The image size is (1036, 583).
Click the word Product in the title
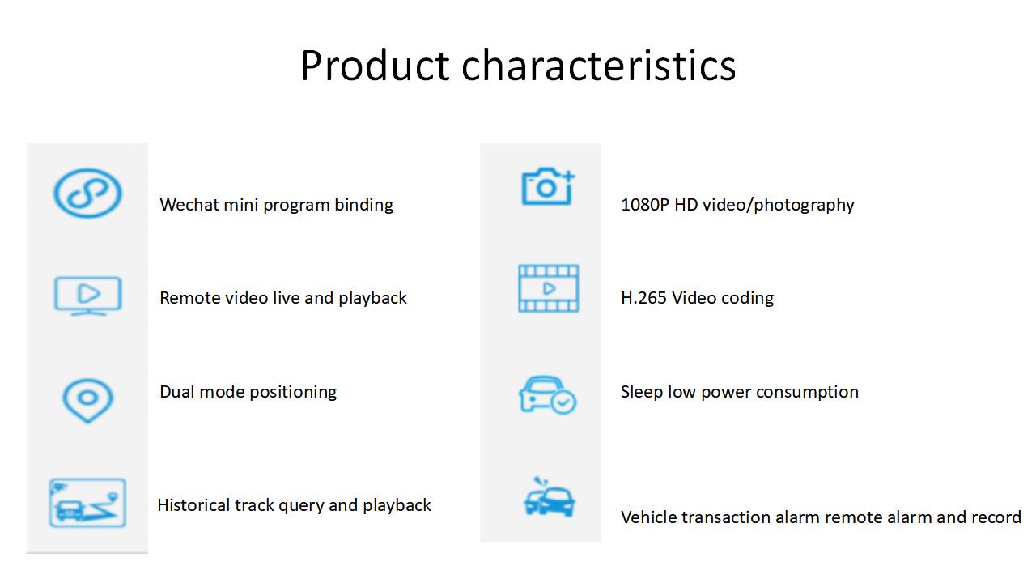tap(375, 66)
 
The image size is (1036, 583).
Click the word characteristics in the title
tap(598, 66)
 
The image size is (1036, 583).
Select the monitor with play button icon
tap(88, 296)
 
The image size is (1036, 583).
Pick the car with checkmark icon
tap(547, 394)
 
